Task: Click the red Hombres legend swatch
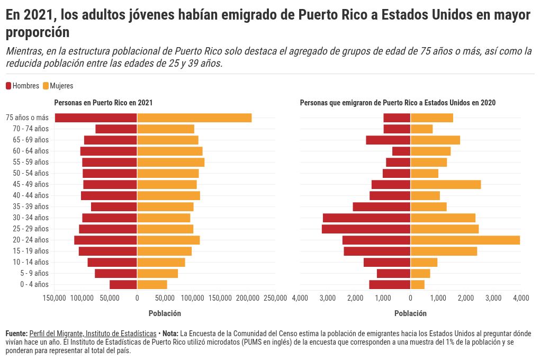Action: click(x=8, y=86)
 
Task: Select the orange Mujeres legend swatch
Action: click(x=46, y=86)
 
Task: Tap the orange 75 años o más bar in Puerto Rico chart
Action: click(x=194, y=118)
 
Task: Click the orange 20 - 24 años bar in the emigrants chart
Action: click(x=465, y=240)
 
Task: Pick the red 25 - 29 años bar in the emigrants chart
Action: click(x=366, y=229)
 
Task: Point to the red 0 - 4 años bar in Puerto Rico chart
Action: click(x=123, y=284)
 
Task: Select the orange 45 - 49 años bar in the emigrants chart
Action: click(x=446, y=184)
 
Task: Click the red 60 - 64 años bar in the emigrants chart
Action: click(x=401, y=151)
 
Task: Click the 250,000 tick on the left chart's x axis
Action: click(x=275, y=299)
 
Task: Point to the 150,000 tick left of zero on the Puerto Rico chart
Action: click(x=55, y=299)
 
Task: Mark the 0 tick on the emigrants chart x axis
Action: click(x=410, y=299)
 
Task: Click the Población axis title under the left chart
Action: click(x=165, y=313)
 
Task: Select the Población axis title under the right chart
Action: click(x=410, y=313)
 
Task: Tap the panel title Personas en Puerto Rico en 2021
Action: click(x=103, y=103)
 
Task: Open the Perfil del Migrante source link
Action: click(x=93, y=334)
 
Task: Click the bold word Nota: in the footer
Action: click(x=170, y=334)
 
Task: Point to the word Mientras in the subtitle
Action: click(x=24, y=52)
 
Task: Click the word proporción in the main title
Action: click(x=38, y=32)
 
